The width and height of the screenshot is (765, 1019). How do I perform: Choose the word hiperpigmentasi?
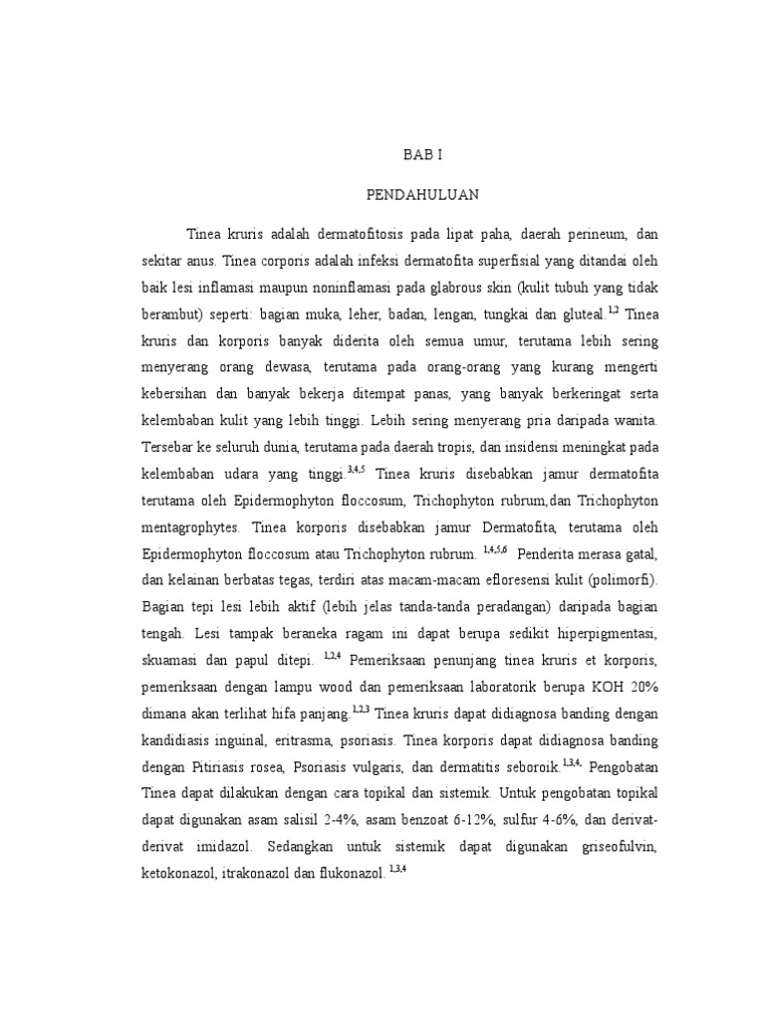pyautogui.click(x=600, y=634)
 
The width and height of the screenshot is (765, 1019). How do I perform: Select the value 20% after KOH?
pyautogui.click(x=637, y=686)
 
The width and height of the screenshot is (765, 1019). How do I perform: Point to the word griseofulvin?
pyautogui.click(x=609, y=844)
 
